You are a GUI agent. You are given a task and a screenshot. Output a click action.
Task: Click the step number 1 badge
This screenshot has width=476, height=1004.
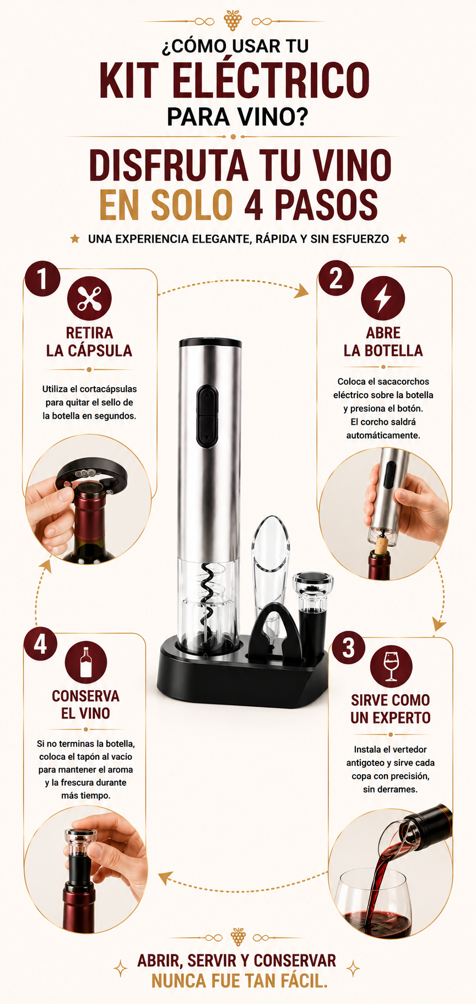pyautogui.click(x=42, y=278)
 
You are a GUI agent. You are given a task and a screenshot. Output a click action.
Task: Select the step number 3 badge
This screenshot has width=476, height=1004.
pyautogui.click(x=348, y=648)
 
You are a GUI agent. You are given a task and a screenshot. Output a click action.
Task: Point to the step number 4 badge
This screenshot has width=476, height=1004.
pyautogui.click(x=40, y=644)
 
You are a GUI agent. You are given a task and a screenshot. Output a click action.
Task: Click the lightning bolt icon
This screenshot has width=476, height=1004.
pyautogui.click(x=383, y=298)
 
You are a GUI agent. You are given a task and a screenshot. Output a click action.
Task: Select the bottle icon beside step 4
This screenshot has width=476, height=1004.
pyautogui.click(x=86, y=662)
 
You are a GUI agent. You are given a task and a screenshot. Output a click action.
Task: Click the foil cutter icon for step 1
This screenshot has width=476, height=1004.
pyautogui.click(x=89, y=298)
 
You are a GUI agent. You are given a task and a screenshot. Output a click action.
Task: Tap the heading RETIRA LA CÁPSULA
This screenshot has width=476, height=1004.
pyautogui.click(x=89, y=342)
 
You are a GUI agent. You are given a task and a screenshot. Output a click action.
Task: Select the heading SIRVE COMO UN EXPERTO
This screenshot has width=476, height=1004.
pyautogui.click(x=391, y=709)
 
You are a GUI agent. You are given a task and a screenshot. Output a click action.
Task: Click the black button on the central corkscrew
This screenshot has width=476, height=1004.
pyautogui.click(x=207, y=415)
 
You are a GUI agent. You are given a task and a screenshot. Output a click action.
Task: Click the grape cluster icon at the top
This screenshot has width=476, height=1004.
pyautogui.click(x=233, y=20)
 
